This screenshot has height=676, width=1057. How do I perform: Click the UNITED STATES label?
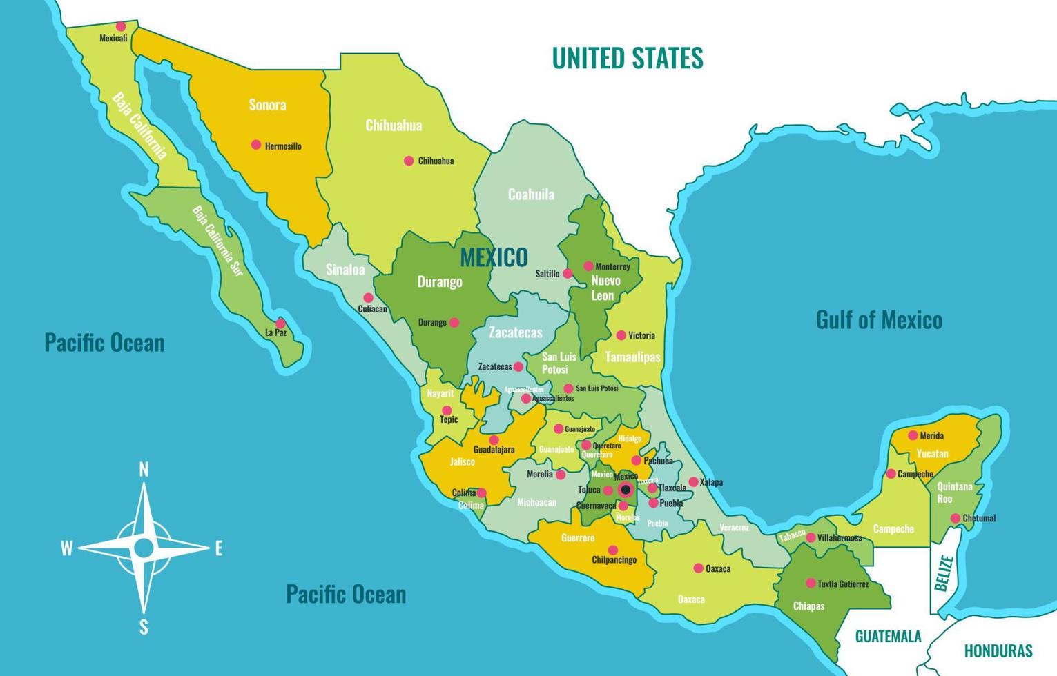point(627,58)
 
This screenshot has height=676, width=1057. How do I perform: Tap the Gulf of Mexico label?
point(878,320)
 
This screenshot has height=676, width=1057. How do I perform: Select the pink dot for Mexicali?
point(121,27)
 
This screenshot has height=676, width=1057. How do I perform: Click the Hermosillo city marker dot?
point(256,145)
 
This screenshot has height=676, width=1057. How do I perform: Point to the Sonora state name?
point(267,106)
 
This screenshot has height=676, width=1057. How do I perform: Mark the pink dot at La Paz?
point(280,323)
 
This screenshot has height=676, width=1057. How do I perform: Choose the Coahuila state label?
point(531,195)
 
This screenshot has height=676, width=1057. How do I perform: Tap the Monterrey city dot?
point(588,266)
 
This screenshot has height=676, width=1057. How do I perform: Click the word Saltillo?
point(547,274)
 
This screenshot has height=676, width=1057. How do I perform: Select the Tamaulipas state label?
point(632,357)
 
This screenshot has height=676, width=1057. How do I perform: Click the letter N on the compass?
point(144,470)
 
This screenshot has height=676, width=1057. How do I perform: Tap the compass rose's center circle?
point(144,548)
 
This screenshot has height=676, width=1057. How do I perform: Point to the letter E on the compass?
point(219,549)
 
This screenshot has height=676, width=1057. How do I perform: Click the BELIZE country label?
point(944,574)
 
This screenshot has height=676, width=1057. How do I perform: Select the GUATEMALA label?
point(888,636)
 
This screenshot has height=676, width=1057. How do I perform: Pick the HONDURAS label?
point(998,650)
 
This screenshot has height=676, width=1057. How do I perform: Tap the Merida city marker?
point(913,435)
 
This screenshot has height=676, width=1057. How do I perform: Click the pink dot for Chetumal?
point(955,518)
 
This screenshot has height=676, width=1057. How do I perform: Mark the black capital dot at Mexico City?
point(626,490)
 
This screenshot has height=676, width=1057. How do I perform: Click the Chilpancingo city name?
point(614,559)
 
